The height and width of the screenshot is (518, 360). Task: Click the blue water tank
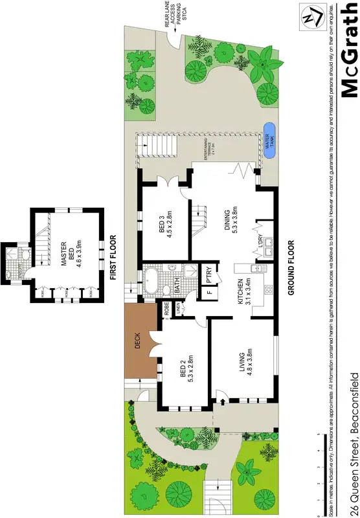coord(269,144)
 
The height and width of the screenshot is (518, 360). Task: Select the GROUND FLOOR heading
coord(291,268)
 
